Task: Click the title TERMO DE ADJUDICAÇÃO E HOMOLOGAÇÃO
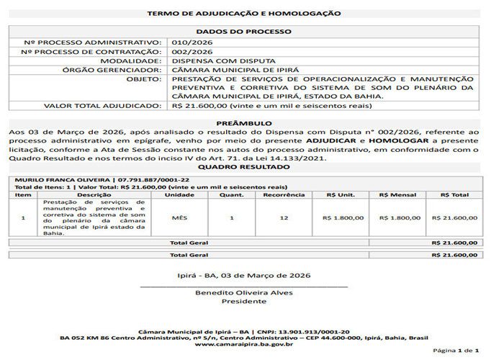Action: (x=244, y=13)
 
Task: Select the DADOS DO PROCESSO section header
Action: (x=244, y=32)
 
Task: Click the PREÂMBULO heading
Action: (x=244, y=123)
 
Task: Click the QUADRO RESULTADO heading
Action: (x=244, y=167)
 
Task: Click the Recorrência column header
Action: (x=284, y=194)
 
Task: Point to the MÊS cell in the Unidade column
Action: (x=180, y=217)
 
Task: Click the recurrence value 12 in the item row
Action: (x=284, y=217)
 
